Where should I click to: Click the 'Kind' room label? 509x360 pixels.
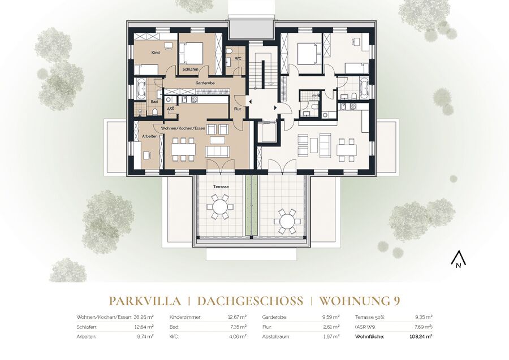156,53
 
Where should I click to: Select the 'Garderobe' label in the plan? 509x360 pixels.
205,83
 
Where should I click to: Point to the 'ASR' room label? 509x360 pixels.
171,109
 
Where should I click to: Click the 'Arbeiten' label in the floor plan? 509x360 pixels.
150,136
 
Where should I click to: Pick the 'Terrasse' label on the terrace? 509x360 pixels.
221,187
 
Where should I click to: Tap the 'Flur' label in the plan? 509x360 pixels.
238,109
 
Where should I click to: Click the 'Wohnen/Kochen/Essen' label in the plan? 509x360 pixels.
183,128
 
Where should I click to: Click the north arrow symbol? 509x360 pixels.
458,259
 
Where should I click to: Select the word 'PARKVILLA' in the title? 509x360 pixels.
145,301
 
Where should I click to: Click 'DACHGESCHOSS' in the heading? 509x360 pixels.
250,301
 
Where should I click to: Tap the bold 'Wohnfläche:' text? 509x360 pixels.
370,337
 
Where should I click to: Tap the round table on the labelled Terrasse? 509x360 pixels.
221,206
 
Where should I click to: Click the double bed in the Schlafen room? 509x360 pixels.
192,54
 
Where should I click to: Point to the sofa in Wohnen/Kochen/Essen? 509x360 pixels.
218,151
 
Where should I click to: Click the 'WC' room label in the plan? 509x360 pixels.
238,59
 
